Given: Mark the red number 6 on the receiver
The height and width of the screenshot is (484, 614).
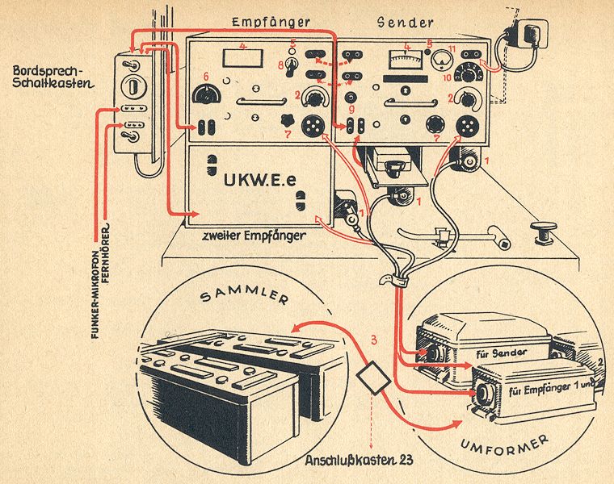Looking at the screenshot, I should [x=206, y=77].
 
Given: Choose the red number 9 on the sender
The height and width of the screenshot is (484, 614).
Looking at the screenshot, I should [x=351, y=108].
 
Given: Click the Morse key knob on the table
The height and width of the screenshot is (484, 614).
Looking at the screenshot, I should [x=543, y=231].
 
